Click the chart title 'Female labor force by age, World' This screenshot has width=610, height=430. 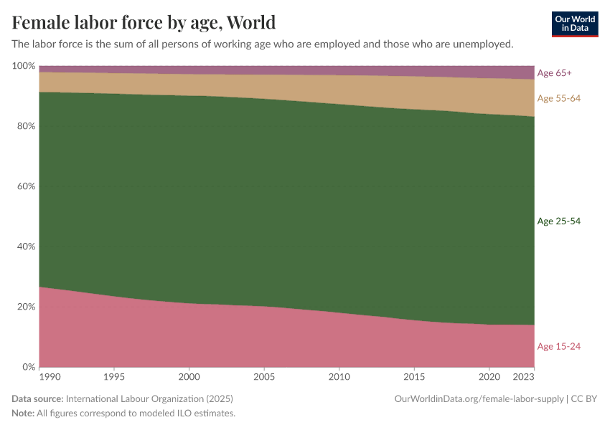[x=144, y=22]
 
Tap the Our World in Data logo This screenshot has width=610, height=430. [x=575, y=24]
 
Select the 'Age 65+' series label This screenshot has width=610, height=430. [x=554, y=73]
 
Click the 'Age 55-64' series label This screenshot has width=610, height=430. [x=558, y=98]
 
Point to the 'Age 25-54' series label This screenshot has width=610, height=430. [x=558, y=221]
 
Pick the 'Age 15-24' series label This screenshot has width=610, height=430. [x=558, y=347]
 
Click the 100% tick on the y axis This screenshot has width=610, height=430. [x=24, y=66]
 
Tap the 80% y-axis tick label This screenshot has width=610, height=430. [x=25, y=126]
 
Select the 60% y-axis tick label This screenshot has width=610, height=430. [x=25, y=186]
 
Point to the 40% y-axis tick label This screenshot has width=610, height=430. [x=25, y=247]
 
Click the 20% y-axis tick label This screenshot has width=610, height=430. [x=25, y=307]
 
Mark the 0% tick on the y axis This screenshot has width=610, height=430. [x=28, y=367]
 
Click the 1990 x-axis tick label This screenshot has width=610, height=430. [x=50, y=376]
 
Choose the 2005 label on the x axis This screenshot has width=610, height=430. [x=263, y=376]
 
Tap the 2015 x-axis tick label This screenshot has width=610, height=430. [x=413, y=376]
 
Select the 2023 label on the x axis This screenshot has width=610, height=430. [x=524, y=376]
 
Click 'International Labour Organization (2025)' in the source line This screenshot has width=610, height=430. [x=149, y=398]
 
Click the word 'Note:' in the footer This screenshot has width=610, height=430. [x=24, y=414]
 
